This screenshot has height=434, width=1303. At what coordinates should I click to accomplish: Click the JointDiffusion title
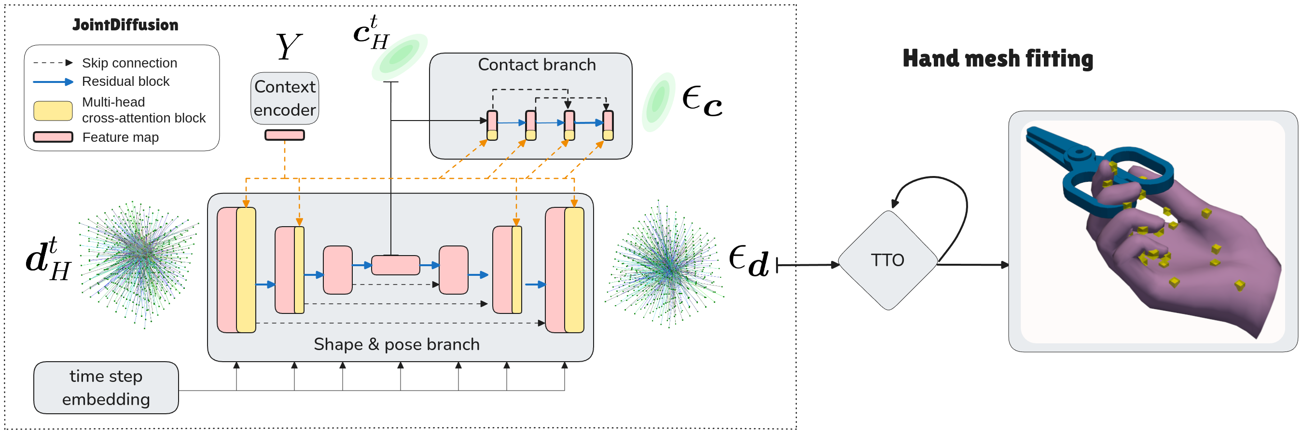point(125,25)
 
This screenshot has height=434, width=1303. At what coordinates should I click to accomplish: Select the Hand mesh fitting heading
point(998,59)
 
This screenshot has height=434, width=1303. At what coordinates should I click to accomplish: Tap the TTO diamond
point(887,260)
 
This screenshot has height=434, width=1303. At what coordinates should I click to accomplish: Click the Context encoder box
point(285,98)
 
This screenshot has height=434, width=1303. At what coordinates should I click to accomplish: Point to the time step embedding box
point(106,388)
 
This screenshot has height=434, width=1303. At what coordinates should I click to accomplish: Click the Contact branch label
point(537,65)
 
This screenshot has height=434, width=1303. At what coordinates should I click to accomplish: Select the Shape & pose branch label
point(397,344)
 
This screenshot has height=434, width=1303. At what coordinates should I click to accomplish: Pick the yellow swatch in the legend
point(53,110)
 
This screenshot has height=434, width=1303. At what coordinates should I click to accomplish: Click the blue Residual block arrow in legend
point(53,82)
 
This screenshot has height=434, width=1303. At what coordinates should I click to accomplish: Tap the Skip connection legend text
point(129,63)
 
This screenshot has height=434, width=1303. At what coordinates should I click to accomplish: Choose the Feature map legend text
point(120,137)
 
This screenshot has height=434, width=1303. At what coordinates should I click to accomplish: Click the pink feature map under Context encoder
point(285,135)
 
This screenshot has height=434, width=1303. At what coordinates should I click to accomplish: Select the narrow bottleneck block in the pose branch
point(396,265)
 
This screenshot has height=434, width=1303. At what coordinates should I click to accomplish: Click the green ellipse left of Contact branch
point(400,57)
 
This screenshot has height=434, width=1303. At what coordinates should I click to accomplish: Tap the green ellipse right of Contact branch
point(659,102)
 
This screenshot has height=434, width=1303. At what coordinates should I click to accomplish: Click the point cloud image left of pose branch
point(138,265)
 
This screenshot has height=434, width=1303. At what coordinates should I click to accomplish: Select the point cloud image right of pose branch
point(666,264)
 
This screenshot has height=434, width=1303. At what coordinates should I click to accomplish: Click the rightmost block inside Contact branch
point(608,125)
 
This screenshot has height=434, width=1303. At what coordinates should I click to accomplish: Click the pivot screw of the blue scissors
point(1080,151)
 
